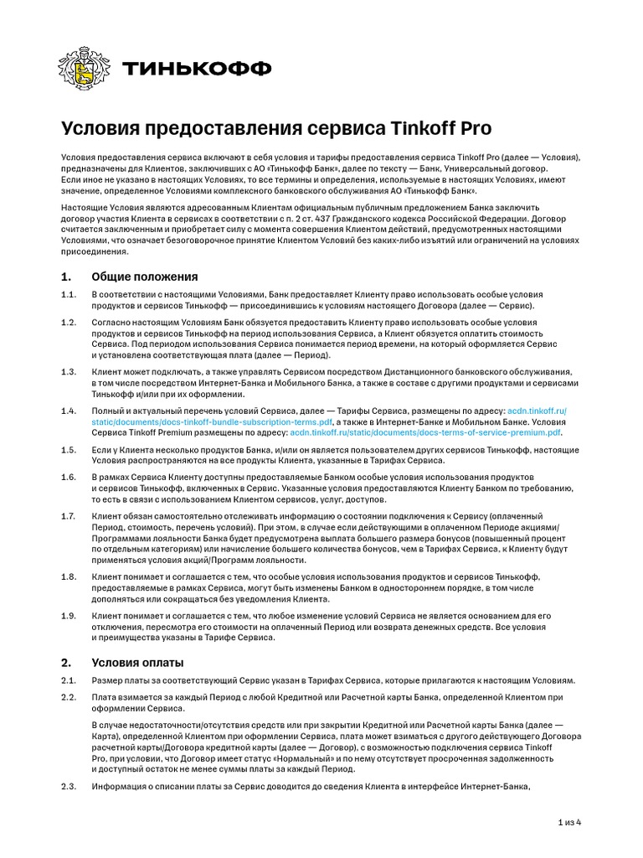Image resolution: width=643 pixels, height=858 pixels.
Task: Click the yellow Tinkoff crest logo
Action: (81, 67)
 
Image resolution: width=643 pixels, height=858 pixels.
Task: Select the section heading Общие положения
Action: (144, 277)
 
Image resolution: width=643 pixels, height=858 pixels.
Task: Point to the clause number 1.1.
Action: (68, 295)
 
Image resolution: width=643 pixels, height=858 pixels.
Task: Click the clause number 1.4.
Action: (68, 411)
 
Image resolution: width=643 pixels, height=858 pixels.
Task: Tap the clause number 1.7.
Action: (68, 516)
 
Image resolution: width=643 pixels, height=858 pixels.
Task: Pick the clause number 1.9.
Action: (68, 616)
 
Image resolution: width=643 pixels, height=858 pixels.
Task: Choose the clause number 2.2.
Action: (68, 697)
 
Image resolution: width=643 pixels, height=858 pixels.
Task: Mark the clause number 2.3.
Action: (68, 786)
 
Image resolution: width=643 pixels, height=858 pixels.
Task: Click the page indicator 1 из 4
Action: (569, 822)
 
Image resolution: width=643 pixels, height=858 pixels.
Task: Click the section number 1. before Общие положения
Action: (66, 277)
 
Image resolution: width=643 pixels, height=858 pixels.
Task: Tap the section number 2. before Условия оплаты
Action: (66, 662)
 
